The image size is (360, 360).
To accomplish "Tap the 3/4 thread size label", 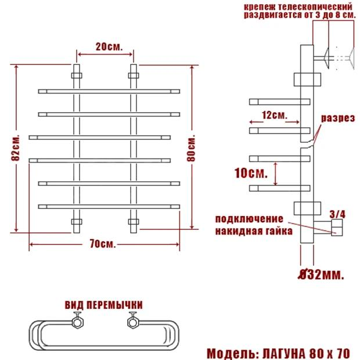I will (x=337, y=214).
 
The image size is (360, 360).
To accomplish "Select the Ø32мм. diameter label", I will (x=321, y=273).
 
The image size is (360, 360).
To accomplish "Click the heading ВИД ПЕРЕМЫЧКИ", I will (x=104, y=305).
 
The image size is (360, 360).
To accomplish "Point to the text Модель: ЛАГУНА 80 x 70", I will (x=278, y=352).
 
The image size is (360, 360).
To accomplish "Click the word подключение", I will (x=249, y=219).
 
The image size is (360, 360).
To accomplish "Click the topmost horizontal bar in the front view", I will (x=108, y=91).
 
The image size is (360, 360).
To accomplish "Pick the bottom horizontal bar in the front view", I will (x=108, y=206).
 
